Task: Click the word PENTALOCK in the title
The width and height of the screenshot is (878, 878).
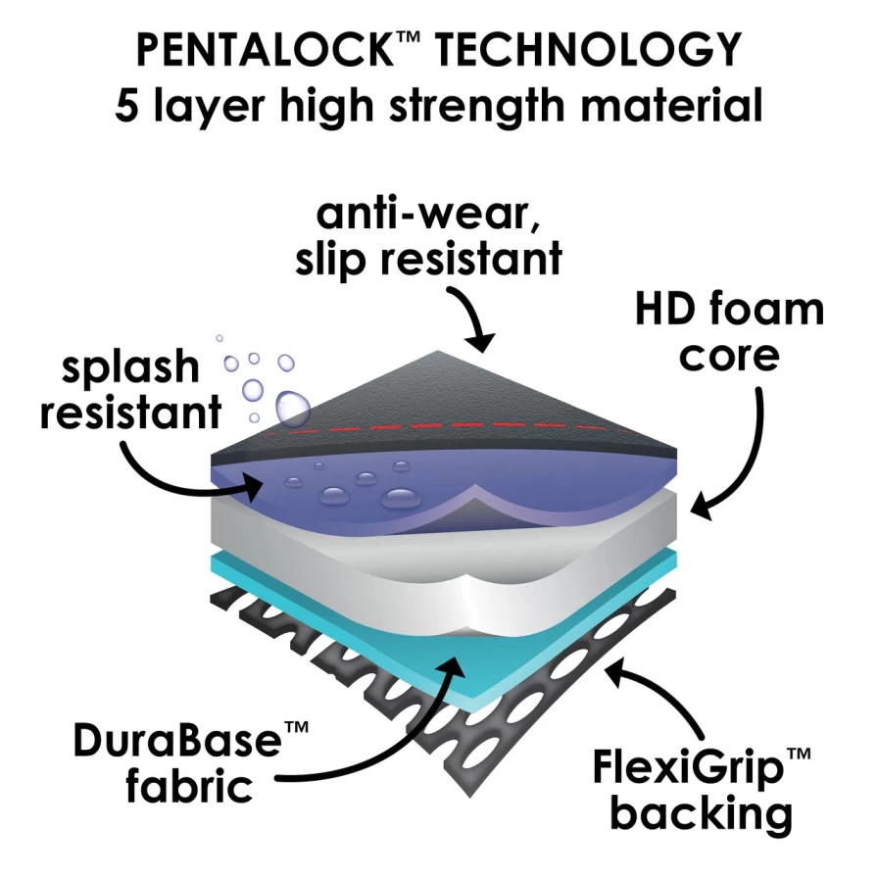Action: (264, 50)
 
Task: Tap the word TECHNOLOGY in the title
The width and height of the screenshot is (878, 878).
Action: (589, 50)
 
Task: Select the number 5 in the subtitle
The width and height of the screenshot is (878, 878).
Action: (126, 106)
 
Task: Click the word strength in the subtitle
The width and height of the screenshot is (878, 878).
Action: (477, 106)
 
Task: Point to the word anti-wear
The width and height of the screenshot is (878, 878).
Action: (428, 215)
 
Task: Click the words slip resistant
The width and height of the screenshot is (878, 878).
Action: (429, 260)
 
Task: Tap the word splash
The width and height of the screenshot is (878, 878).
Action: (130, 367)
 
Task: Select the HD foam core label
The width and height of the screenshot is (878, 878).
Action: (729, 332)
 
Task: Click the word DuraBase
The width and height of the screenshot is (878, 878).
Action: (177, 740)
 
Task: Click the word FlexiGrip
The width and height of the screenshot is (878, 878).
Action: (688, 769)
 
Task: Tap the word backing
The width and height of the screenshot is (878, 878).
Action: (701, 814)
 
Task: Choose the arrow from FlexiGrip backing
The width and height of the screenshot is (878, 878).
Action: (666, 688)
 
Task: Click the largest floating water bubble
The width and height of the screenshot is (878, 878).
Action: (292, 407)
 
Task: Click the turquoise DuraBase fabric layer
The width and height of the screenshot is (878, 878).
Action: (359, 627)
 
